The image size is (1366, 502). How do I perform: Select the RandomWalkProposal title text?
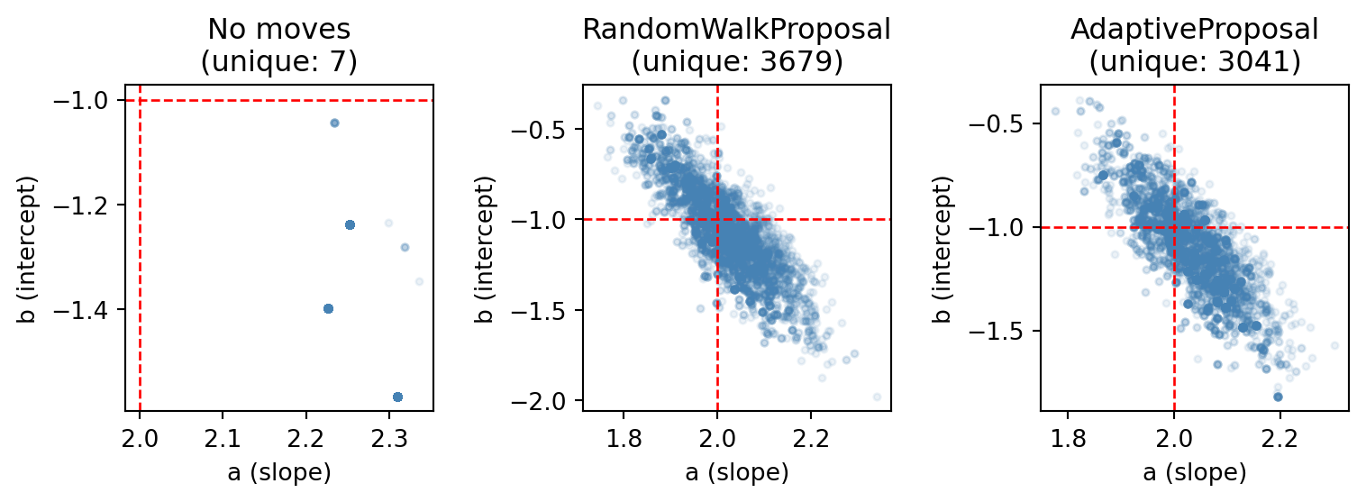[x=736, y=30]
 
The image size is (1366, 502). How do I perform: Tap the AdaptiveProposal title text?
[x=1194, y=30]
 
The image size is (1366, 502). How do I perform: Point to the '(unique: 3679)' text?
[x=736, y=62]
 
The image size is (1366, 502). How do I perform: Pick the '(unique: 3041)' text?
[x=1194, y=62]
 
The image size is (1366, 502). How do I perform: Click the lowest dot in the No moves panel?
[x=397, y=397]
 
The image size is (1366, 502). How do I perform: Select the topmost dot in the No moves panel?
[x=334, y=123]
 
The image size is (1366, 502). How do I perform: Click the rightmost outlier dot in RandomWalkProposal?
[x=877, y=397]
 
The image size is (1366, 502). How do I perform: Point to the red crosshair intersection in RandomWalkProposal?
[x=717, y=219]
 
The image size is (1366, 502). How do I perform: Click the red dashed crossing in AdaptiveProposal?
[x=1174, y=227]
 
